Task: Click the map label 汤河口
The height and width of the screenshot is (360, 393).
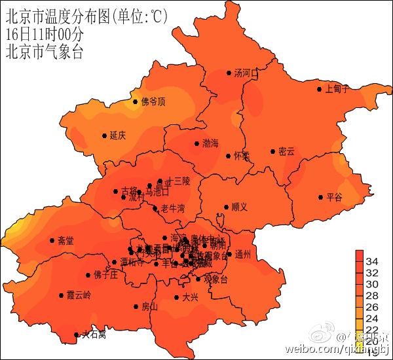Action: [246, 73]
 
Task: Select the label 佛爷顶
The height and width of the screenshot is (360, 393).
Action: [153, 101]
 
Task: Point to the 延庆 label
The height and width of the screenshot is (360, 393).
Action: [117, 135]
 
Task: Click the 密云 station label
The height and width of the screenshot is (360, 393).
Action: [286, 151]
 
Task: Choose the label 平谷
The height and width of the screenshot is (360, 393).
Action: [334, 196]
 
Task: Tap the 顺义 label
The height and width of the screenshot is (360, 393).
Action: [240, 207]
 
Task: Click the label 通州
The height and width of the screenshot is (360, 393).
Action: [242, 255]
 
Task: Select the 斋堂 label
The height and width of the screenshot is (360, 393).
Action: [65, 241]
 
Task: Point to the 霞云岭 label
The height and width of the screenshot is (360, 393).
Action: [79, 295]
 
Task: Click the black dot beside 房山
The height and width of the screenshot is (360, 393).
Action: [135, 306]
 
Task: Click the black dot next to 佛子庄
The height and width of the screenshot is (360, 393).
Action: [88, 275]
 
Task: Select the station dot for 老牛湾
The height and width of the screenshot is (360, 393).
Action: [156, 209]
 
